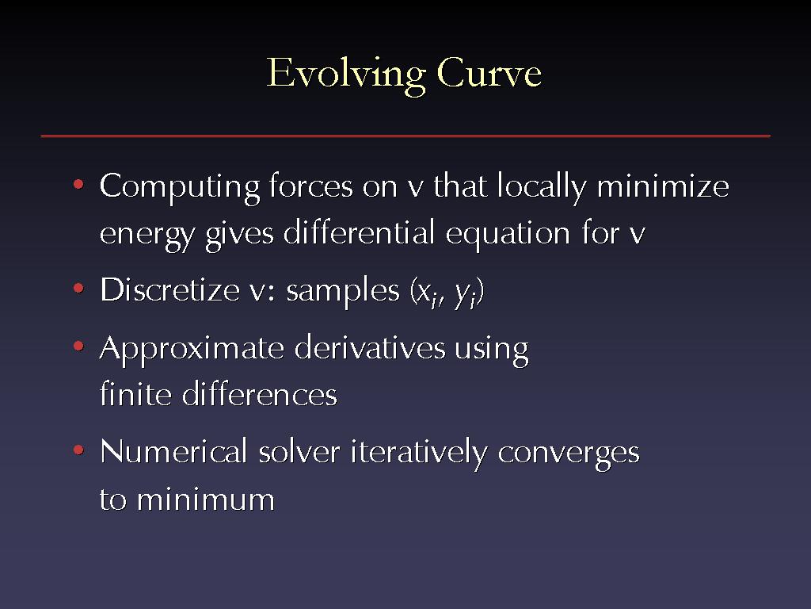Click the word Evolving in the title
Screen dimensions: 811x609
(x=345, y=75)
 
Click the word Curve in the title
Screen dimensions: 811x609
(x=489, y=72)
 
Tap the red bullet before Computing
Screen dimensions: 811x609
(x=78, y=184)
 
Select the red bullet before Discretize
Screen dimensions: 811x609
(x=78, y=288)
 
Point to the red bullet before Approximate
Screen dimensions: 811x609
(x=78, y=346)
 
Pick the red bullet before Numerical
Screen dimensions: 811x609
(x=78, y=450)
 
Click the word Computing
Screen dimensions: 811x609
(x=180, y=188)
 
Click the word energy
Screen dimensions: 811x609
(x=147, y=236)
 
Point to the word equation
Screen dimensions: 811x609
(x=508, y=235)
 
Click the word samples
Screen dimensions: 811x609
(x=343, y=291)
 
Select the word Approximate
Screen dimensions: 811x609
(x=192, y=350)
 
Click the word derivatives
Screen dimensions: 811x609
(x=370, y=347)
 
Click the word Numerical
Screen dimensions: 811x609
(x=173, y=451)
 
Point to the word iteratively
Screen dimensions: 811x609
(x=419, y=454)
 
